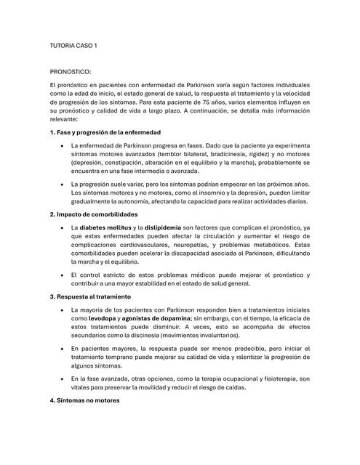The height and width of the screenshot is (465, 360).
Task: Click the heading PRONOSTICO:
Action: (71, 73)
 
